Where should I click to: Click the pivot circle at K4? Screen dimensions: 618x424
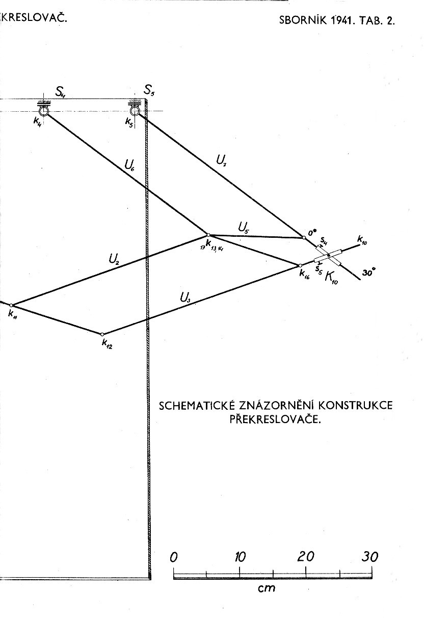(x=43, y=111)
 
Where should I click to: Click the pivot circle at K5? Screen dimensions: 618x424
(x=134, y=111)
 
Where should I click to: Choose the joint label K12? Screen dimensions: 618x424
(x=107, y=344)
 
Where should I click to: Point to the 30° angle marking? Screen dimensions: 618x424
(x=369, y=274)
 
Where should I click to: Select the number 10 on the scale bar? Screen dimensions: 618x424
(x=240, y=557)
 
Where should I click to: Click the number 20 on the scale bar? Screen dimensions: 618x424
(x=306, y=557)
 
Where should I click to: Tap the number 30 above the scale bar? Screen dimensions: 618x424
(x=370, y=557)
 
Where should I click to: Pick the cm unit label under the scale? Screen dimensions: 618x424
(x=267, y=588)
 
